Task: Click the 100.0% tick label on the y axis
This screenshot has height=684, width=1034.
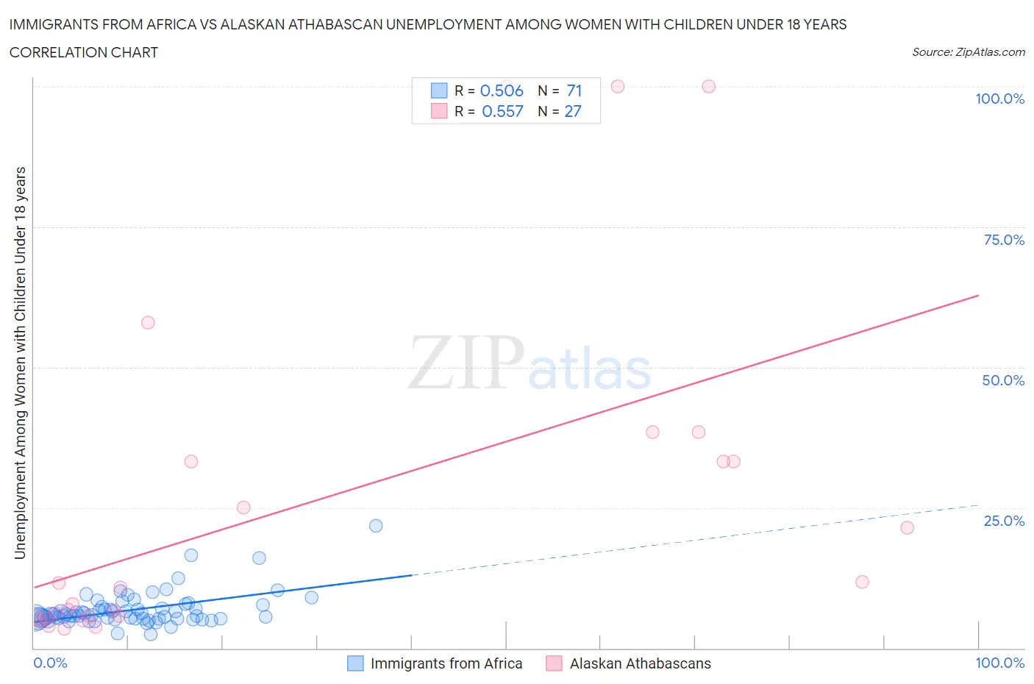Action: (999, 99)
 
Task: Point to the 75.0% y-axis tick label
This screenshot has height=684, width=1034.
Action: (1004, 240)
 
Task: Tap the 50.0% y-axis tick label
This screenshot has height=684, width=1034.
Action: (1003, 380)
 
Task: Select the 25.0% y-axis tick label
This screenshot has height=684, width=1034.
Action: (1004, 521)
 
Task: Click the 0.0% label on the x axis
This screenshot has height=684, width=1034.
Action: (50, 663)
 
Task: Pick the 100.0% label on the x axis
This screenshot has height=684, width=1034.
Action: (999, 663)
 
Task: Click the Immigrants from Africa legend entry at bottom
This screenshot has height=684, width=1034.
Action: (446, 663)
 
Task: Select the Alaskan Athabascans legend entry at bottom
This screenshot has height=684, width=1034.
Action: (640, 663)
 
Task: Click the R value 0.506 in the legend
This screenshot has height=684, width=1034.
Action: (502, 90)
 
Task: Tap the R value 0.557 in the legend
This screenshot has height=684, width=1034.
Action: (502, 111)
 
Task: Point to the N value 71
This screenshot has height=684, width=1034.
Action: (574, 90)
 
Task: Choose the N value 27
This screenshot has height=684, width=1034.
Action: (573, 111)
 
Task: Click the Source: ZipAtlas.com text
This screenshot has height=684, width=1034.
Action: (968, 51)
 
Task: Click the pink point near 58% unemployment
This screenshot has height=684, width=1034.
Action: (148, 322)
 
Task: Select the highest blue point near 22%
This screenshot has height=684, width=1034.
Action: (376, 525)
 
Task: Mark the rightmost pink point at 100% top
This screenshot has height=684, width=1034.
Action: (708, 86)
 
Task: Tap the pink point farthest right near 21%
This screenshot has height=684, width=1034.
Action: (907, 527)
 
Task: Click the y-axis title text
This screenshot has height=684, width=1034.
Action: (20, 362)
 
